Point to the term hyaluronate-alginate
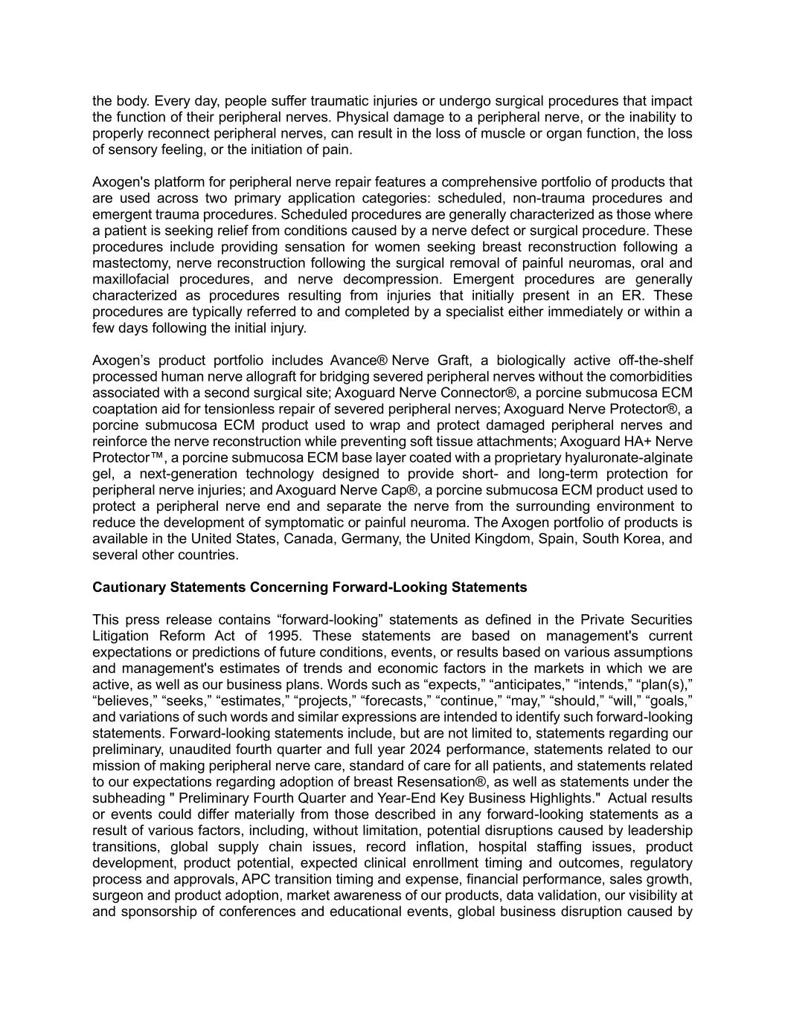tap(629, 458)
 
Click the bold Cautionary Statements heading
tap(309, 587)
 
